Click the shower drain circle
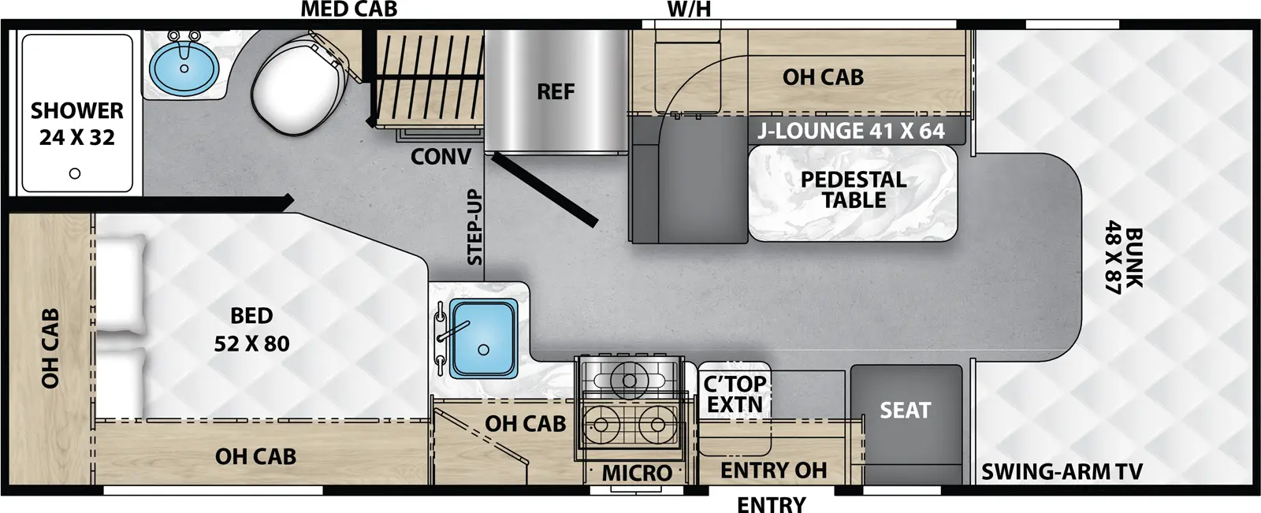pos(75,173)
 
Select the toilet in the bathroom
pos(303,84)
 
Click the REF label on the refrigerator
pos(556,92)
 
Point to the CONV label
pos(441,157)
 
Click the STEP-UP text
pos(474,228)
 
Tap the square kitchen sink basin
pos(482,337)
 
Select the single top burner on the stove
pos(628,381)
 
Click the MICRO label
pos(637,474)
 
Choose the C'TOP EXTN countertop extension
pos(735,395)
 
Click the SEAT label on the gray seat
pos(906,411)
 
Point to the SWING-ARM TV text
pos(1061,472)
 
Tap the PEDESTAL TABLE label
pos(854,190)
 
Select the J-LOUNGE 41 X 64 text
pos(851,131)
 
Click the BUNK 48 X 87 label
pos(1122,261)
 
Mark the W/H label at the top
pos(689,9)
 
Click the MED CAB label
pos(348,9)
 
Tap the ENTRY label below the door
pos(771,504)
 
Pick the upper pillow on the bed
pos(121,284)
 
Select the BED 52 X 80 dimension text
pos(251,330)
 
